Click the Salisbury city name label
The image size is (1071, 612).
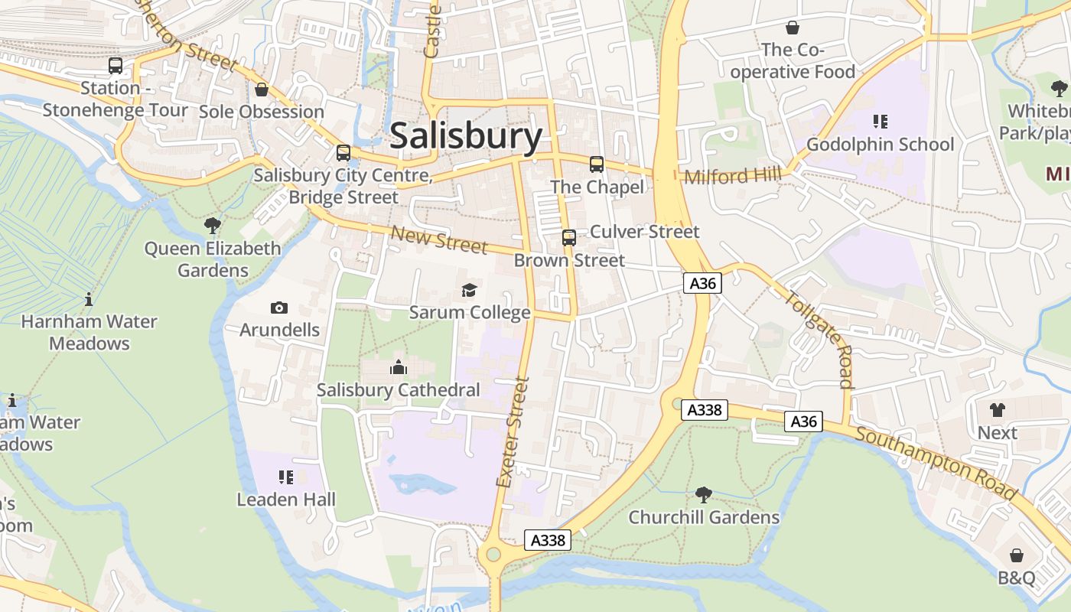[x=466, y=136]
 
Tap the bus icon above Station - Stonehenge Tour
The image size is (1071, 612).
[x=116, y=66]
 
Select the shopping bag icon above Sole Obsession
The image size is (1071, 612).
[x=262, y=90]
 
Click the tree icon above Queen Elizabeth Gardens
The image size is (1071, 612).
[x=213, y=226]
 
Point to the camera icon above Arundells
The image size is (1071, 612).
[x=279, y=308]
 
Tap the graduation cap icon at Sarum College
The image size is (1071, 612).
[x=469, y=290]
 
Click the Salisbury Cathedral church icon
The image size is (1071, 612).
[x=399, y=368]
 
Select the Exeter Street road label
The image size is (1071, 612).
[x=513, y=432]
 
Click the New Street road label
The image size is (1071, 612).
[x=438, y=239]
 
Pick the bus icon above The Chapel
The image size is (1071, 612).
[x=597, y=164]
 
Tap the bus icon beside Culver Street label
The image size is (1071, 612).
[x=569, y=237]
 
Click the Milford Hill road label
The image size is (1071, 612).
[x=733, y=176]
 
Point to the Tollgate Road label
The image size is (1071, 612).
[x=819, y=339]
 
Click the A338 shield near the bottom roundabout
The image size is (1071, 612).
[x=548, y=540]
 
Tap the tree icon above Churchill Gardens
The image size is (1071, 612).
[x=704, y=495]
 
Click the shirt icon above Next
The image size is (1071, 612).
[x=997, y=411]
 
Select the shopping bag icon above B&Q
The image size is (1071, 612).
[x=1017, y=555]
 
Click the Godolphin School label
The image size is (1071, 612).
[x=880, y=145]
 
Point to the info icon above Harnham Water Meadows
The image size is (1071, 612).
[x=89, y=299]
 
